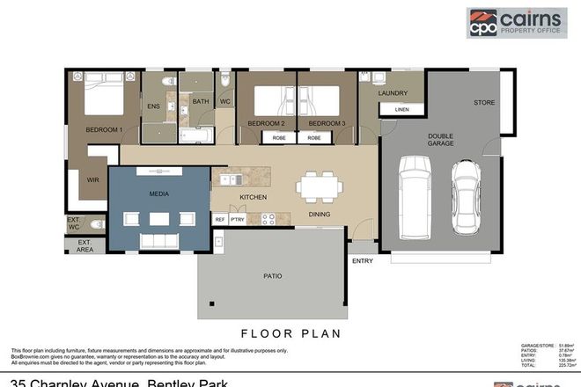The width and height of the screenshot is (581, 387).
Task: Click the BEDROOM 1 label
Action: click(x=103, y=130)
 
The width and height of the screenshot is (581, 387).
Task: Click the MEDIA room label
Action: click(x=159, y=193)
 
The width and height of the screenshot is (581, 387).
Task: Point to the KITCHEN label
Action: click(x=253, y=197)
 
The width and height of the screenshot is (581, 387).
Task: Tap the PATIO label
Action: click(x=273, y=276)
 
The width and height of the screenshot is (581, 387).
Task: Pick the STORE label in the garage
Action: click(x=484, y=102)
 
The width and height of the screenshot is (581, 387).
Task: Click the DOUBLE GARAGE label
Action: click(x=440, y=142)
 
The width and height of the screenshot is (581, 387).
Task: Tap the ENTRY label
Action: click(x=362, y=260)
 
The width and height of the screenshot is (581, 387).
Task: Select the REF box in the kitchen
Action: click(x=219, y=219)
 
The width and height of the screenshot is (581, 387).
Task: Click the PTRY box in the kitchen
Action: click(x=237, y=219)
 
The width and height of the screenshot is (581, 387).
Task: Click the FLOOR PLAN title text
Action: click(x=290, y=333)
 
